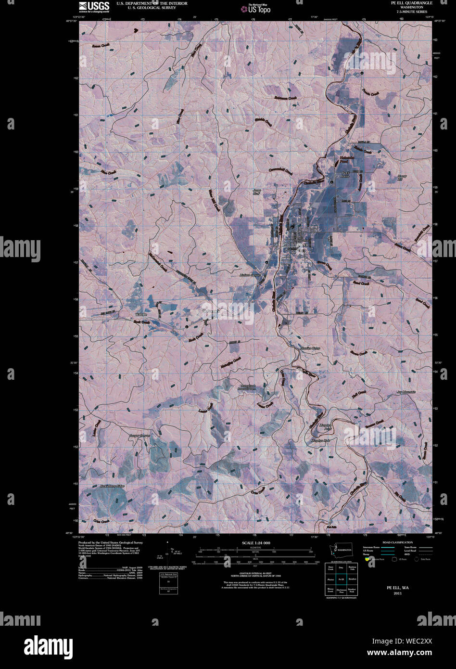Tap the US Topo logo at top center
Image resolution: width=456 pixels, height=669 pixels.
click(x=256, y=8)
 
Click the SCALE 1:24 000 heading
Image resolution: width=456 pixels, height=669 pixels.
click(x=253, y=543)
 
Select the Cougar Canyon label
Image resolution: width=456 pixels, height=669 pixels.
click(x=139, y=436)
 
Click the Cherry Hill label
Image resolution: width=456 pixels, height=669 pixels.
click(x=402, y=178)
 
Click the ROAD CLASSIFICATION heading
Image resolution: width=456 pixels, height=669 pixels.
click(x=397, y=542)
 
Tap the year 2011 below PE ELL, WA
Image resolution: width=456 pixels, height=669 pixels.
click(x=397, y=593)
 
